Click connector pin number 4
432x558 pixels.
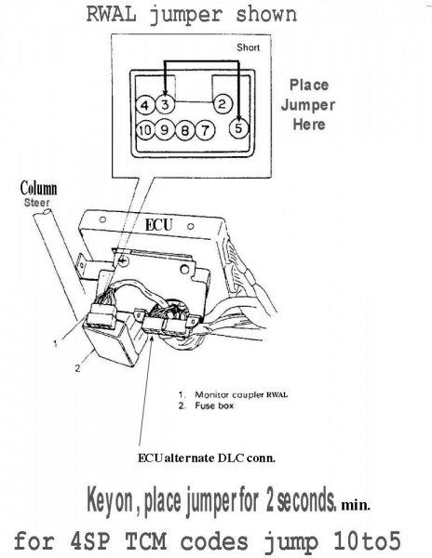coord(145,105)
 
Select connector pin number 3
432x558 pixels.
coord(165,104)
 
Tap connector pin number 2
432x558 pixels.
coord(223,104)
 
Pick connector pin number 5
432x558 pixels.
coord(238,127)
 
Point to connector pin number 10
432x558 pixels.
coord(145,130)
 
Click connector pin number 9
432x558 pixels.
coord(165,129)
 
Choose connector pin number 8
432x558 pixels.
coord(185,130)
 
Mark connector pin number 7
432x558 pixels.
coord(205,130)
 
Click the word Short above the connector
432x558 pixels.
coord(249,47)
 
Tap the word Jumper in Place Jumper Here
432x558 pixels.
coord(308,105)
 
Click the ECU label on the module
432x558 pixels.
coord(159,225)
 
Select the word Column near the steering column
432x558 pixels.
coord(38,188)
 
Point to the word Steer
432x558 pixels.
coord(37,203)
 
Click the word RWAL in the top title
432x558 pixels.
coord(112,14)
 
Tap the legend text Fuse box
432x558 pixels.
coord(214,405)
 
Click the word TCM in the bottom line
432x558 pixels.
coord(145,541)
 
